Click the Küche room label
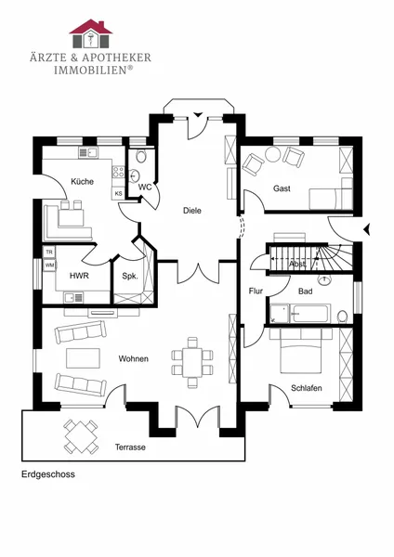point(82,182)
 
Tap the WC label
point(145,187)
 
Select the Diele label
point(192,211)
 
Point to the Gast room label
point(282,188)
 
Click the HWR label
point(79,276)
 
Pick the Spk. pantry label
point(130,276)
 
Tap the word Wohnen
point(134,358)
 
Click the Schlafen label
point(306,388)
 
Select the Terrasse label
point(130,447)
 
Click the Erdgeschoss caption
point(48,474)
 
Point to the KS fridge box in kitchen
point(118,194)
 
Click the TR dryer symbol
point(49,252)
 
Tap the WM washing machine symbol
point(49,265)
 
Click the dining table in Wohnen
point(192,362)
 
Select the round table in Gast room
point(273,154)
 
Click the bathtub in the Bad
point(310,314)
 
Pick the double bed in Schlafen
point(301,350)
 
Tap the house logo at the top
point(90,33)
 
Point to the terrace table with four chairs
point(81,436)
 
